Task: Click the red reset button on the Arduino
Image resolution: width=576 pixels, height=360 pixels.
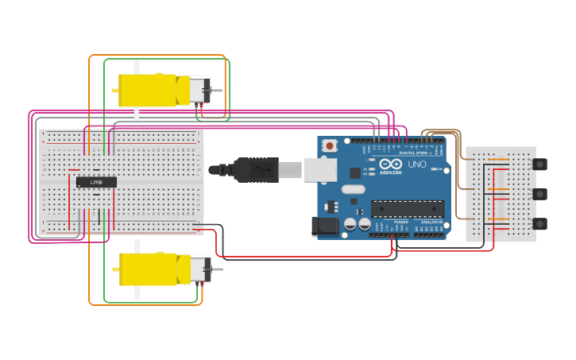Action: [329, 146]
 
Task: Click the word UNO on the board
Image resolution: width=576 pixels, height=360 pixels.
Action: [417, 165]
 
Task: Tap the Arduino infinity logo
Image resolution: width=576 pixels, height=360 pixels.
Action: [391, 164]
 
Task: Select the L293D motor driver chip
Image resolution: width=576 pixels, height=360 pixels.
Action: [96, 182]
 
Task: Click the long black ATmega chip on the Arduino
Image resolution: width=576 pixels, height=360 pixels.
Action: [408, 208]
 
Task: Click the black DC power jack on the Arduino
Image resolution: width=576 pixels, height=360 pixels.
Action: [326, 226]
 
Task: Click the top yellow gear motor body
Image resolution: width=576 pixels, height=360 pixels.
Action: [147, 90]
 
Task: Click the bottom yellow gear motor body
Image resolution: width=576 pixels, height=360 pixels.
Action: [148, 269]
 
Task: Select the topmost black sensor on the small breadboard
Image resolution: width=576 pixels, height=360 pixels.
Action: [539, 165]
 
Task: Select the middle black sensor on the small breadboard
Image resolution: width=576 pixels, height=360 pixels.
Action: [539, 194]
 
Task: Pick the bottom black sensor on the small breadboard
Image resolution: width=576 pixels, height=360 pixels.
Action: [539, 223]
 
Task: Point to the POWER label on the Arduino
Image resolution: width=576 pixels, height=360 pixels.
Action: [400, 222]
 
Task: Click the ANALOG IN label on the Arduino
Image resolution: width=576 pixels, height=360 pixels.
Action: [432, 222]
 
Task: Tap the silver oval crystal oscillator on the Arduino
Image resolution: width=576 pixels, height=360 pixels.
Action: [354, 190]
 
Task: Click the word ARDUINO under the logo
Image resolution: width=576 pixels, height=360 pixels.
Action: [391, 172]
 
